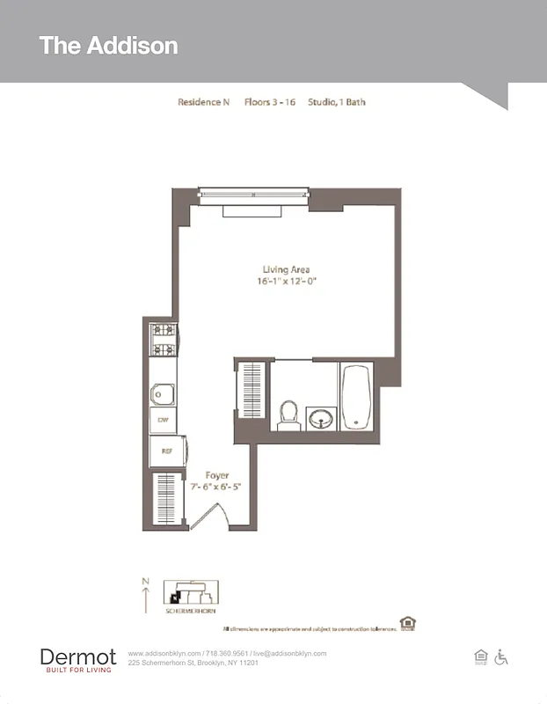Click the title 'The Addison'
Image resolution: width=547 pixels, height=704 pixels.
108,46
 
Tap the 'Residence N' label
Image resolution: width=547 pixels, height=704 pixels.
203,102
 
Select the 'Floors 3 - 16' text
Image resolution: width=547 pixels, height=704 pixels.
269,102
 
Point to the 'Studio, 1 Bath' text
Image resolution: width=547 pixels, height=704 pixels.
337,102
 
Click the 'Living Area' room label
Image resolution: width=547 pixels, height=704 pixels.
286,269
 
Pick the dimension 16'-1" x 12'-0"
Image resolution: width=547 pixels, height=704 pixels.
286,282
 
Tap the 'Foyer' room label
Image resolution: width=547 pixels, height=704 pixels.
216,476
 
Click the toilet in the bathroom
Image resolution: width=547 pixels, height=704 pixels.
288,414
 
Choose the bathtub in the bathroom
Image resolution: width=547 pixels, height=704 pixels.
355,397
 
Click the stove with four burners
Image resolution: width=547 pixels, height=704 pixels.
163,341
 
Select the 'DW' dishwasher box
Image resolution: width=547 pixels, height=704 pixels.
163,421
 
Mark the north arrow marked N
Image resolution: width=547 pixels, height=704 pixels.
146,596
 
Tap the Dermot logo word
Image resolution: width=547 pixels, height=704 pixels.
77,656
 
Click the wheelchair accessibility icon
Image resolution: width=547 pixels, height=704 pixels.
502,656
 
